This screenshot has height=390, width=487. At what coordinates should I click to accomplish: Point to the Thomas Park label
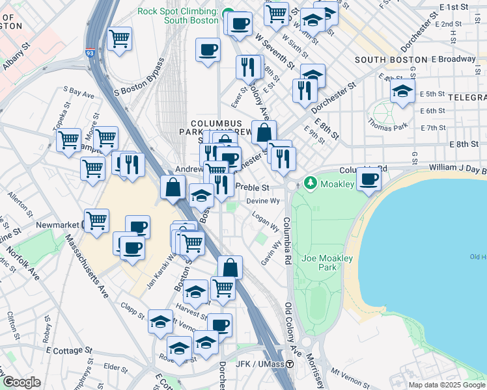pyautogui.click(x=383, y=121)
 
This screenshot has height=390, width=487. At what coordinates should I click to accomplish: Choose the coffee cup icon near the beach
pyautogui.click(x=369, y=179)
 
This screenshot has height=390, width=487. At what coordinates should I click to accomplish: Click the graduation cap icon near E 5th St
pyautogui.click(x=402, y=92)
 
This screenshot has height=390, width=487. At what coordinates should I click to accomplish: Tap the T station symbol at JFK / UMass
pyautogui.click(x=289, y=364)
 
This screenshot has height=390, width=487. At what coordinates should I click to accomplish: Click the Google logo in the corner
pyautogui.click(x=22, y=382)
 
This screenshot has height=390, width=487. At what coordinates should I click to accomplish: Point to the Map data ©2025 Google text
pyautogui.click(x=447, y=385)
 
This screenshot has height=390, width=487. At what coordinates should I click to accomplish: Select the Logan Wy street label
pyautogui.click(x=266, y=222)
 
